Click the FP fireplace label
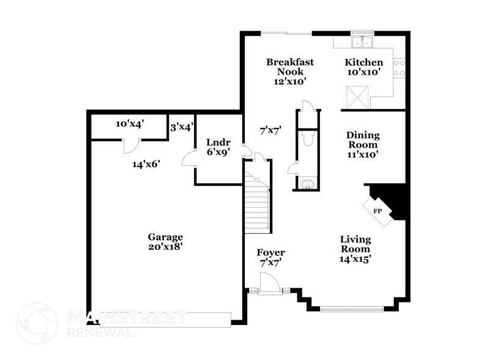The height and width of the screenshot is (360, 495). point(378,211)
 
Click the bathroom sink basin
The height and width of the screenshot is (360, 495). point(306,183)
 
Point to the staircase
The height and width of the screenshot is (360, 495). point(257,202)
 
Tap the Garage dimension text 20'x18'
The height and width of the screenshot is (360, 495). point(165,249)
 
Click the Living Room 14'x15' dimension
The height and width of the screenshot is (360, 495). point(355,258)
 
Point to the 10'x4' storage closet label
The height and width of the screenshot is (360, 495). point(129,124)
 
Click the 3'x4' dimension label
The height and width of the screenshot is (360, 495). point(182,127)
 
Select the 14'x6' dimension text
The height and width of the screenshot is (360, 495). point(146,163)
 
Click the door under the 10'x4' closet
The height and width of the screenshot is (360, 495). point(130,146)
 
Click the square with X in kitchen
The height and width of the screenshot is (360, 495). point(356,96)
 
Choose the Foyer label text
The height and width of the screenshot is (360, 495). point(270,252)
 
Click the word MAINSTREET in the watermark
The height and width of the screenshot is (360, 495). point(126,317)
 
